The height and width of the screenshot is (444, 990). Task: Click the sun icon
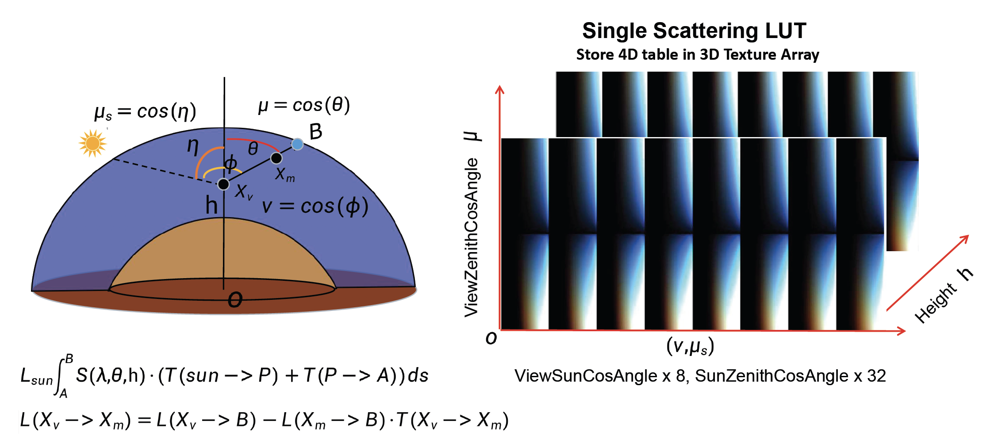click(92, 143)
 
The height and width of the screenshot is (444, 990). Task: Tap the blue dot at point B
click(297, 144)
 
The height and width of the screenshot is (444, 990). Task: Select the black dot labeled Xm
click(276, 158)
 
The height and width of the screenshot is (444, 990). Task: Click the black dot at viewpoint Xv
click(223, 184)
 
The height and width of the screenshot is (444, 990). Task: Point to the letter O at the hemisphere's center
click(235, 300)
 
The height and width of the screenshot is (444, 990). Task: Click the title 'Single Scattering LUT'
click(694, 31)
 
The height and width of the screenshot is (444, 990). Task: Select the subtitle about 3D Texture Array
click(697, 54)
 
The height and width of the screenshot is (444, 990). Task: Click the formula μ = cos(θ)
click(304, 105)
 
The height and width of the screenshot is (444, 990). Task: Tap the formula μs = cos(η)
click(145, 111)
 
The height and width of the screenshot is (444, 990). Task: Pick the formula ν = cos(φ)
click(315, 207)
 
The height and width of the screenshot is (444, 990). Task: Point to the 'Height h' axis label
click(943, 295)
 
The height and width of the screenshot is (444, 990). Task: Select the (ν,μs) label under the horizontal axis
click(690, 346)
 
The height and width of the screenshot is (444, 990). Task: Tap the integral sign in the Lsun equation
click(60, 376)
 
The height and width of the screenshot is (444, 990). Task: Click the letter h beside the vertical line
click(211, 206)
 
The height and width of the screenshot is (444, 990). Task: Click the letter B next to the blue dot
click(316, 131)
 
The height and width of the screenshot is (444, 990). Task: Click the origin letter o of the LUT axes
click(491, 339)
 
